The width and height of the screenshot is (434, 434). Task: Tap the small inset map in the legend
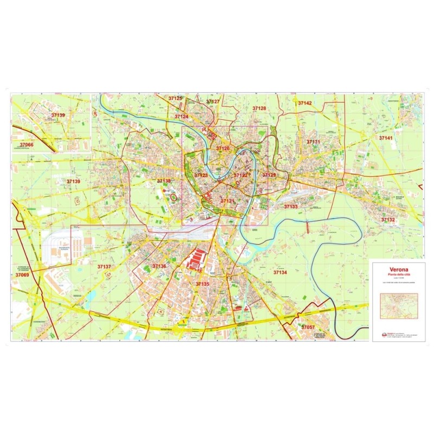(399, 307)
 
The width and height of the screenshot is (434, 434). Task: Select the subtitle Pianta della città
(399, 275)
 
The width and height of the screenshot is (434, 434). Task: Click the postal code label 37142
(305, 103)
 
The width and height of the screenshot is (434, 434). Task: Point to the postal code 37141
(386, 138)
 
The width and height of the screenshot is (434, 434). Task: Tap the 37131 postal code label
(314, 142)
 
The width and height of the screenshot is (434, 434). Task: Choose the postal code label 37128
(259, 108)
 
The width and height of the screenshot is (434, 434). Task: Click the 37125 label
(175, 98)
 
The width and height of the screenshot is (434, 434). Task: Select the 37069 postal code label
(22, 275)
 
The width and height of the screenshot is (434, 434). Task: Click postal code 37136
(159, 266)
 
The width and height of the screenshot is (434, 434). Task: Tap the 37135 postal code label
(202, 284)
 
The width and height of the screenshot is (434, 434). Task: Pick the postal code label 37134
(280, 272)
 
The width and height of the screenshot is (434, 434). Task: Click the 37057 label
(308, 328)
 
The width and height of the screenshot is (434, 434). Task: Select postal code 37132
(388, 220)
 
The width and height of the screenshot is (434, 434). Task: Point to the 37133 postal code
(291, 207)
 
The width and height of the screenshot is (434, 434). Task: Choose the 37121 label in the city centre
(227, 201)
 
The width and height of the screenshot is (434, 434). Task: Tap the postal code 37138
(164, 181)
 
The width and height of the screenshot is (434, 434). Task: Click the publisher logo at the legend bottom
(382, 334)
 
